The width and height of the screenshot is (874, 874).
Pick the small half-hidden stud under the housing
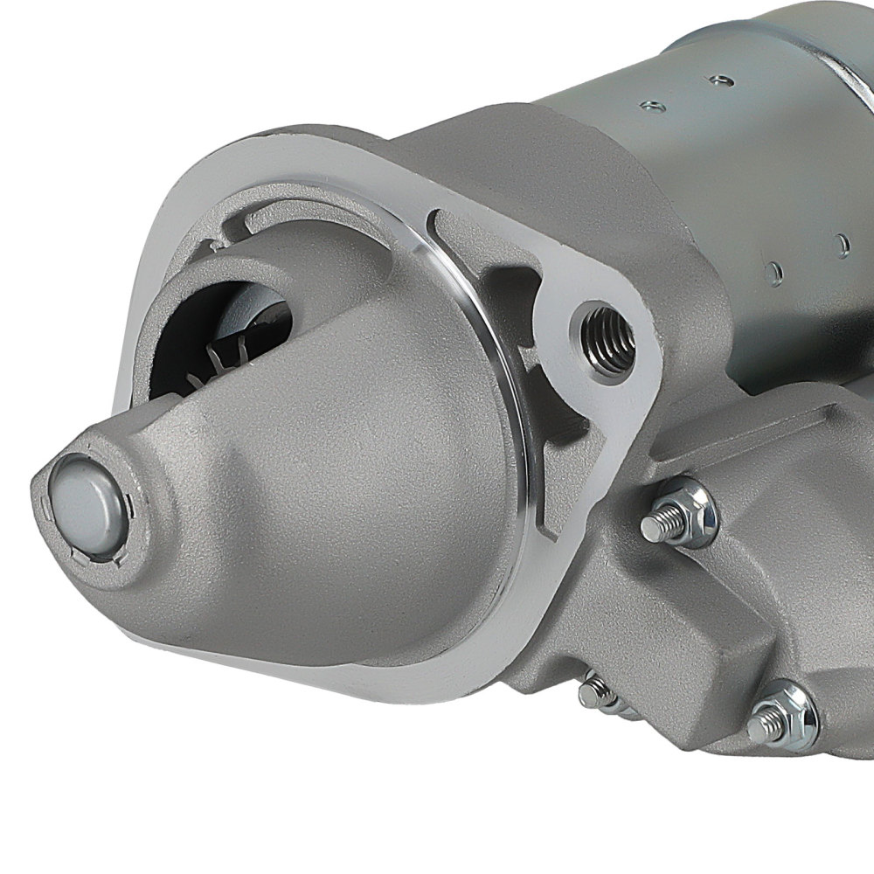[x=596, y=692]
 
